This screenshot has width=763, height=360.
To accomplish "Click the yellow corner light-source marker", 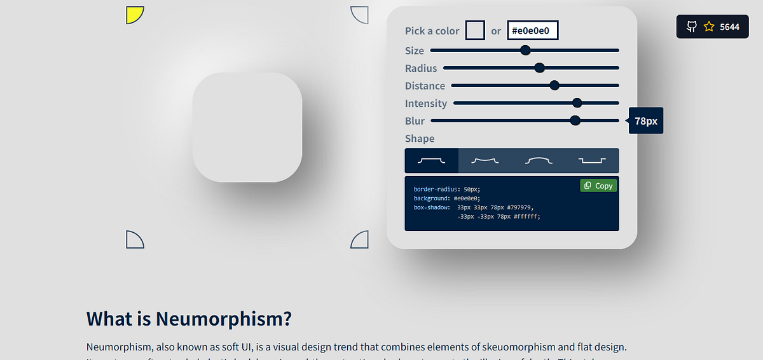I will [134, 14].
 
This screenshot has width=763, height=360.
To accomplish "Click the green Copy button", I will [598, 185].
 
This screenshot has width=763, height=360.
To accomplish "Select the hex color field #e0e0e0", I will [532, 31].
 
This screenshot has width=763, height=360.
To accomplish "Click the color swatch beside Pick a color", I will [475, 31].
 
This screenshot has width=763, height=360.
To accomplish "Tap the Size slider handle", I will [525, 50].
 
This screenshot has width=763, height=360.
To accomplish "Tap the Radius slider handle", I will [540, 68].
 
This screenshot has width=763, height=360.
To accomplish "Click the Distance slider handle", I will [554, 85].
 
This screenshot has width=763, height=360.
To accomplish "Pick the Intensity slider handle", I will [577, 103].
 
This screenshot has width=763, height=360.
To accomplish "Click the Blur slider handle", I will [575, 120].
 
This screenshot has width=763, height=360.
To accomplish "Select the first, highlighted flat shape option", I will [431, 161].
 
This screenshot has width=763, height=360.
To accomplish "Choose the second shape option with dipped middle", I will [485, 161].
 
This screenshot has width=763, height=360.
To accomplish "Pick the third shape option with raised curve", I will [539, 161].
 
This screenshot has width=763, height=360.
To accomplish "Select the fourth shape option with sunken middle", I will [592, 161].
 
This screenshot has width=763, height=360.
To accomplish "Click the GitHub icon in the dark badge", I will [691, 27].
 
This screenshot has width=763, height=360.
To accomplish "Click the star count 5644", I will [729, 27].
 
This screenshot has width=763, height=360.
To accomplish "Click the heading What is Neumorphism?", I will [189, 318].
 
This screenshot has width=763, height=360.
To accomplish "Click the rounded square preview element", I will [247, 127].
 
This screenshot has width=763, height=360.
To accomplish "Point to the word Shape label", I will [420, 138].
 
